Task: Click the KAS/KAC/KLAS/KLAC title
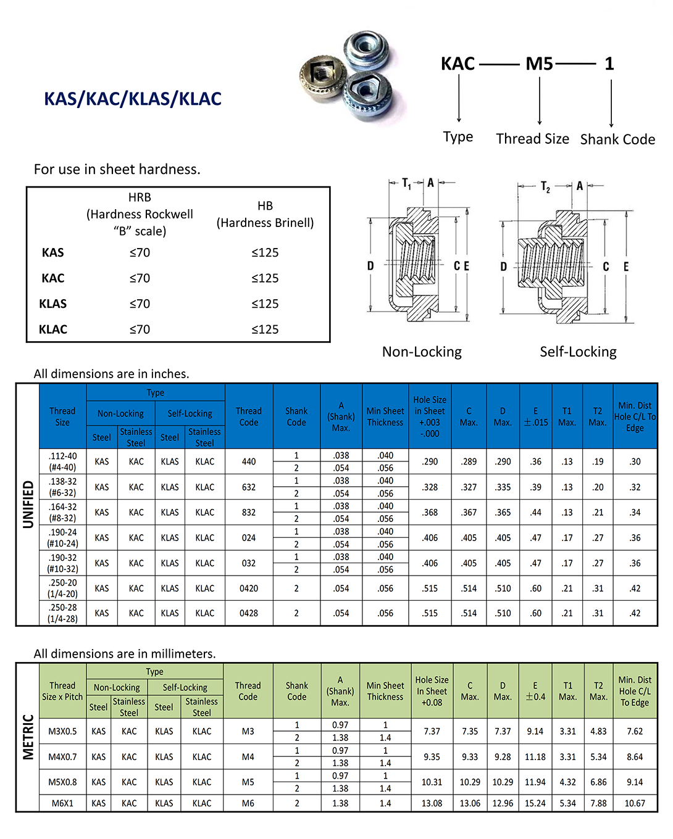pyautogui.click(x=133, y=99)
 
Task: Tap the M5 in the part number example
pyautogui.click(x=539, y=64)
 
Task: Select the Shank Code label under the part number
pyautogui.click(x=617, y=139)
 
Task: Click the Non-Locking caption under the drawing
pyautogui.click(x=422, y=352)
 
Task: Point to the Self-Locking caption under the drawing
pyautogui.click(x=578, y=352)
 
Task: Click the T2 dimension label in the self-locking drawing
pyautogui.click(x=545, y=186)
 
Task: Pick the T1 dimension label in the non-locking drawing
pyautogui.click(x=406, y=183)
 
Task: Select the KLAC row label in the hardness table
pyautogui.click(x=53, y=329)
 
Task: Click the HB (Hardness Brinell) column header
pyautogui.click(x=265, y=215)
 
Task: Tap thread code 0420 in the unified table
pyautogui.click(x=249, y=589)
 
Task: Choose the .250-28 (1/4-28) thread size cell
pyautogui.click(x=62, y=613)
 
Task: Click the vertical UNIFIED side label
pyautogui.click(x=28, y=504)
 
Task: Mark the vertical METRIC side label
pyautogui.click(x=28, y=737)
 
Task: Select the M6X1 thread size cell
pyautogui.click(x=62, y=803)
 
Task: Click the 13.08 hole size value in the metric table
pyautogui.click(x=432, y=803)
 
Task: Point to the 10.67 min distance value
pyautogui.click(x=635, y=803)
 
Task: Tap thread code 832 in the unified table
pyautogui.click(x=249, y=513)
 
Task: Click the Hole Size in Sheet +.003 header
pyautogui.click(x=430, y=416)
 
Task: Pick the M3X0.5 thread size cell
pyautogui.click(x=62, y=731)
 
